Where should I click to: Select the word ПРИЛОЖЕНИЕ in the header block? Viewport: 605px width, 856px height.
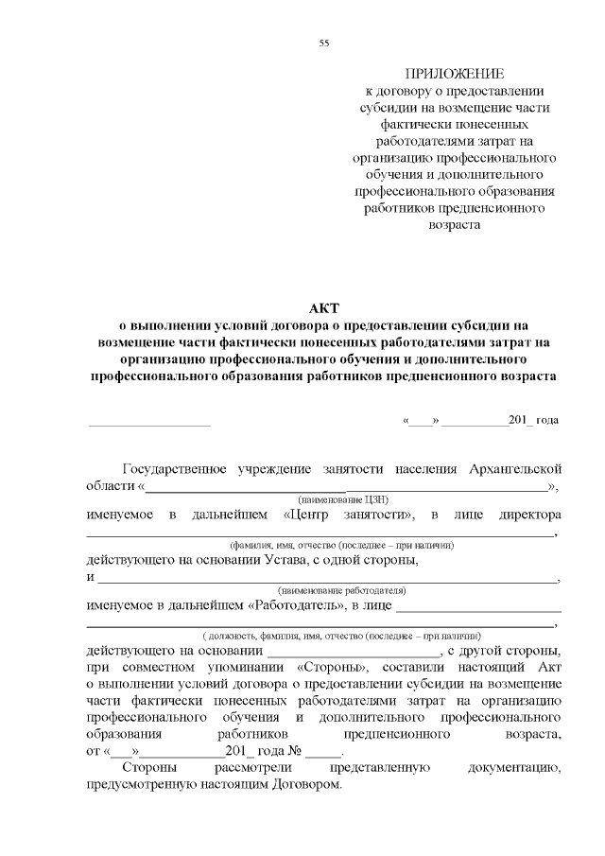pos(454,74)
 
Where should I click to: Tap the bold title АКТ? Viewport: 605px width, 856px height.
pos(323,309)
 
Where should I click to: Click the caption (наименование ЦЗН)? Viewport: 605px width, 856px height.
pos(343,499)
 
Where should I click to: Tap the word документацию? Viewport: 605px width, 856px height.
pos(516,768)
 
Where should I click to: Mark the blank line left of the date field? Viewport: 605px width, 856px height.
pos(148,422)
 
